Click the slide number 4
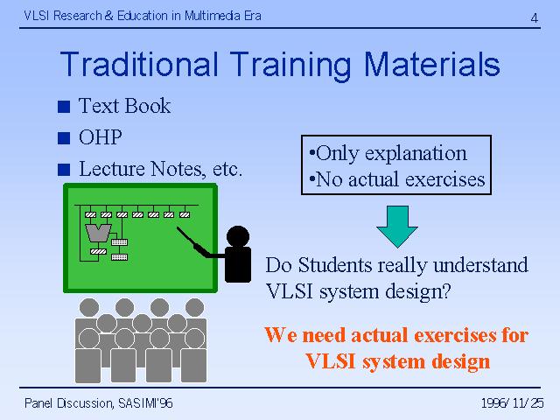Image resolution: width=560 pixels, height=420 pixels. tap(534, 17)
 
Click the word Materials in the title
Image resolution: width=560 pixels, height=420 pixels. tap(431, 64)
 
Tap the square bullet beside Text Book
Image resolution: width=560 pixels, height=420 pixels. tap(64, 107)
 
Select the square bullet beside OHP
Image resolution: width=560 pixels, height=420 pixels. tap(64, 138)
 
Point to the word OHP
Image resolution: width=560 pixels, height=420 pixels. tap(101, 137)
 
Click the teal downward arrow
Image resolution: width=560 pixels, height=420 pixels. tap(397, 227)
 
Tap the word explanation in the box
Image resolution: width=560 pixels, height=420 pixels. tap(416, 154)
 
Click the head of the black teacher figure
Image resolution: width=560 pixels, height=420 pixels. tap(238, 236)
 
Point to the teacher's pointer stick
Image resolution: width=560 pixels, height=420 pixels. tap(192, 242)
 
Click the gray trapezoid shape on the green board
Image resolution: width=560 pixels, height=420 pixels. tap(98, 233)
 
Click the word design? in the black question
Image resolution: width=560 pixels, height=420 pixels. tap(418, 291)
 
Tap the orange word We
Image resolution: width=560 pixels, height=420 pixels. tap(281, 335)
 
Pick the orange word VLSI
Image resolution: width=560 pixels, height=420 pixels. tap(331, 361)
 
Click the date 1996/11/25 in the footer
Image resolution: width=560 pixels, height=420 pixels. tap(513, 403)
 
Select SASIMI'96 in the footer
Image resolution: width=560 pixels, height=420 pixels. tap(145, 403)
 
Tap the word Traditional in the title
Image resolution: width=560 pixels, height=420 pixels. tap(139, 64)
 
